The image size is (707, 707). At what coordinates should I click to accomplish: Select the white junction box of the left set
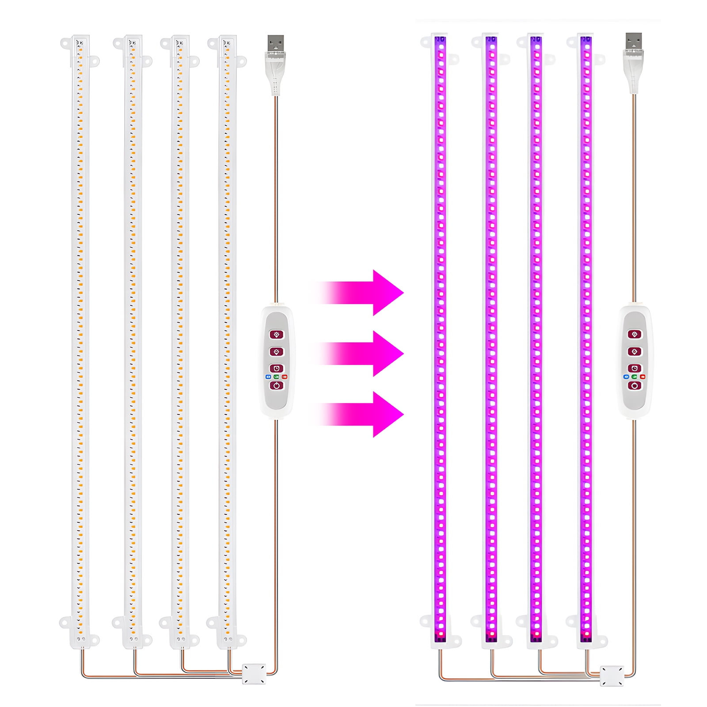(254, 674)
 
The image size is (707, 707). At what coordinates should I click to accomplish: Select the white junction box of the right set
(612, 676)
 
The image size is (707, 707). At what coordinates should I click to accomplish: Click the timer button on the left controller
(277, 369)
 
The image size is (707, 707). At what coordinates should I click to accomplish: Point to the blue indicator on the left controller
(268, 377)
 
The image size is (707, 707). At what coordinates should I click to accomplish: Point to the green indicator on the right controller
(635, 377)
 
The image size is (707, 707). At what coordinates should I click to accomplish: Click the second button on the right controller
(635, 352)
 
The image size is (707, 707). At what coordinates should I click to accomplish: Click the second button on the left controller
(277, 352)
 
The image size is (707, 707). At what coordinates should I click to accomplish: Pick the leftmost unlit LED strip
(80, 340)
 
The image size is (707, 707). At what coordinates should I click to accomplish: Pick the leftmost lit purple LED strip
(441, 340)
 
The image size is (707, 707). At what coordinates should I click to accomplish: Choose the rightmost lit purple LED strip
(586, 340)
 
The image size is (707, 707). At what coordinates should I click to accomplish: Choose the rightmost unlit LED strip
(227, 340)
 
